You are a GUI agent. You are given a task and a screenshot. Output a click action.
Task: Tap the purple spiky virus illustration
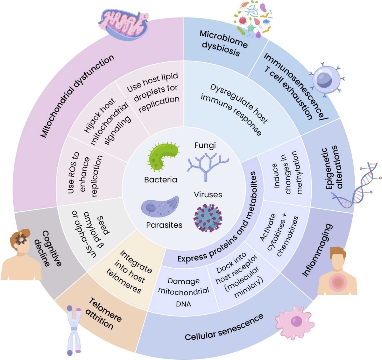coord(208,218)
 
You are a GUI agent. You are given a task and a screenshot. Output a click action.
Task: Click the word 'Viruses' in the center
coord(208,194)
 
